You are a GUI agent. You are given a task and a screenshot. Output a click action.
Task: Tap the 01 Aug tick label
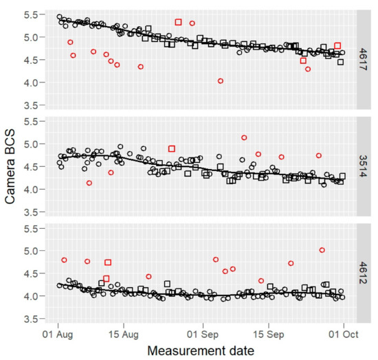click(x=58, y=333)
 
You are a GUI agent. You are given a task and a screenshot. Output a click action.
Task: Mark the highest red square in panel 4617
click(x=179, y=22)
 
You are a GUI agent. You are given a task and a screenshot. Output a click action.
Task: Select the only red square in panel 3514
click(x=172, y=148)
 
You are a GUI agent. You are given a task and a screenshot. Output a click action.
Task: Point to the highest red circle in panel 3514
click(x=244, y=138)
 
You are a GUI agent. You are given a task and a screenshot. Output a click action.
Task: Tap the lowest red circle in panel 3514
click(x=89, y=183)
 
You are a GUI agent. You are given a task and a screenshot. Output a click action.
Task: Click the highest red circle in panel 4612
click(x=322, y=250)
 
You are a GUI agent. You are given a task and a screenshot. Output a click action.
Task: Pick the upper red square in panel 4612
click(x=108, y=262)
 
